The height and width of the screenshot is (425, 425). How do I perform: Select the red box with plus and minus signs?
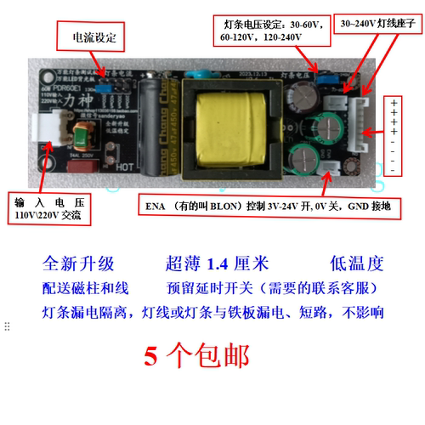(x=394, y=136)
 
